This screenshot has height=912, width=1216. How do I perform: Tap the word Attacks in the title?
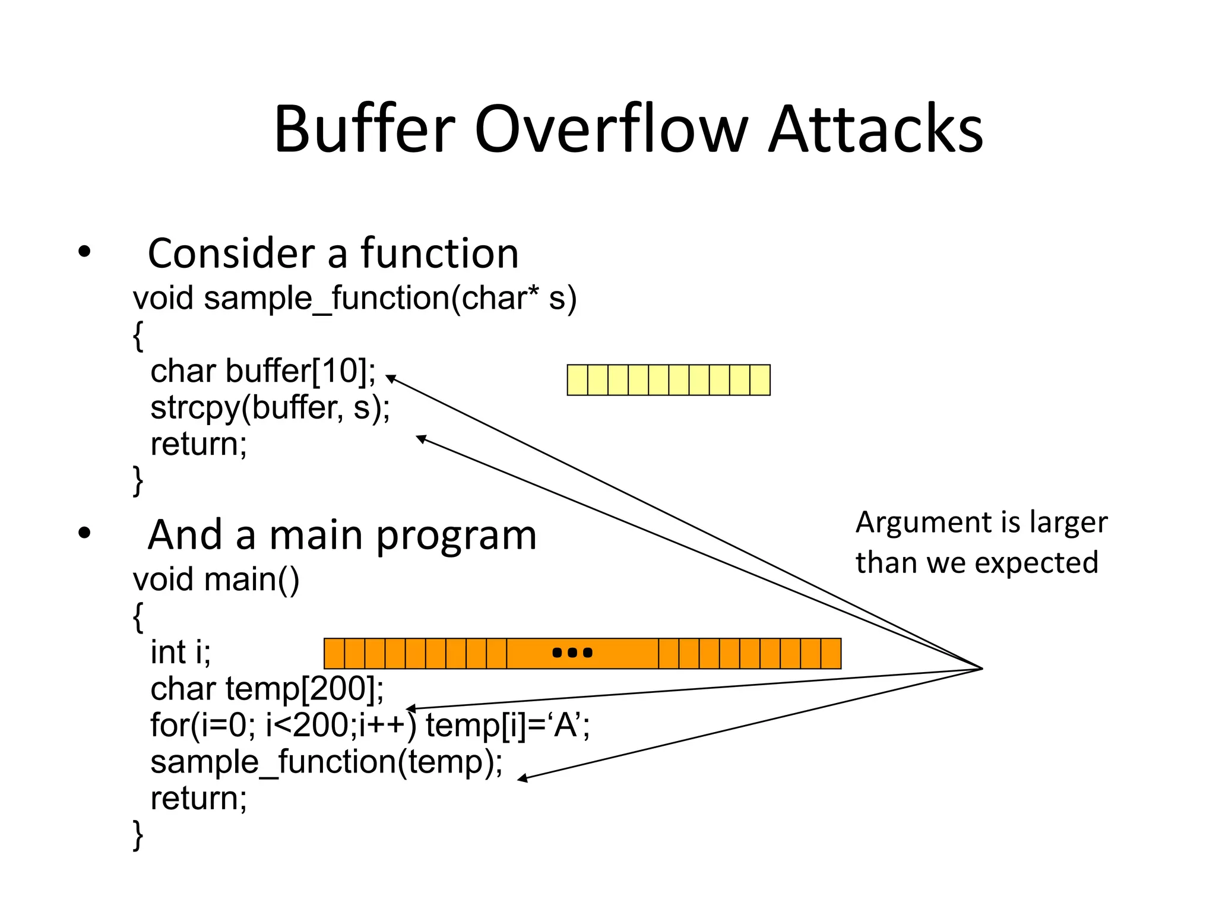pyautogui.click(x=876, y=129)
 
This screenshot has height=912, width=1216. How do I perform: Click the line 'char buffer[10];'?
pyautogui.click(x=263, y=371)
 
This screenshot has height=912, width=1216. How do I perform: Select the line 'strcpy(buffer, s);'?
pyautogui.click(x=270, y=408)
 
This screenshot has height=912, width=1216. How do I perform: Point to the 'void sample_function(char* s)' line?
pyautogui.click(x=354, y=298)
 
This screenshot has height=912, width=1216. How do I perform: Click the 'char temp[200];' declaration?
pyautogui.click(x=267, y=689)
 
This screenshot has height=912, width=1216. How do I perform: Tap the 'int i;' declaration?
pyautogui.click(x=180, y=652)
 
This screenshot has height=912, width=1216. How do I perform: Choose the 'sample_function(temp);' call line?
pyautogui.click(x=327, y=762)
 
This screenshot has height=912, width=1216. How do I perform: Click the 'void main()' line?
pyautogui.click(x=216, y=579)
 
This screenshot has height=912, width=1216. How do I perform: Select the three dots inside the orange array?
pyautogui.click(x=572, y=653)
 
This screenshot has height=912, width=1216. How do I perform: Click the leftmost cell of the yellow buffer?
pyautogui.click(x=578, y=380)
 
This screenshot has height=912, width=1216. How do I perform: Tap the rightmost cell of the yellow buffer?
pyautogui.click(x=760, y=380)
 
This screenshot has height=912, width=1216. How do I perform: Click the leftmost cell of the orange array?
pyautogui.click(x=334, y=654)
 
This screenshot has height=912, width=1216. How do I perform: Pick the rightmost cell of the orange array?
pyautogui.click(x=831, y=654)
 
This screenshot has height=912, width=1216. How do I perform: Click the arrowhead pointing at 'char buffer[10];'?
pyautogui.click(x=391, y=378)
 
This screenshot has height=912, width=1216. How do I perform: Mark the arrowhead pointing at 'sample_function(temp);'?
pyautogui.click(x=522, y=778)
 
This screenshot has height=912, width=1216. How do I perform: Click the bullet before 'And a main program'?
pyautogui.click(x=84, y=533)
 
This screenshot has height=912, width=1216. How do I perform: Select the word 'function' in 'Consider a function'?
pyautogui.click(x=440, y=254)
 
